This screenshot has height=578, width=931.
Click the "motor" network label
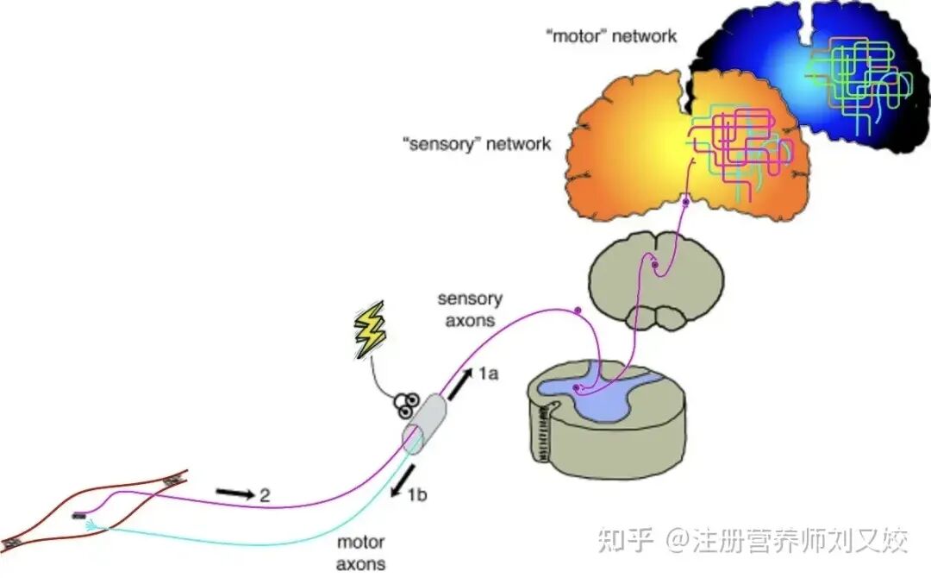(611, 36)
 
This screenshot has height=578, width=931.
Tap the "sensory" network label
(476, 144)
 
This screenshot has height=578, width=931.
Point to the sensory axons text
(470, 310)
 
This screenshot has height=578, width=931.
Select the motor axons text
(360, 552)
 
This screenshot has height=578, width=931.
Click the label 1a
(489, 374)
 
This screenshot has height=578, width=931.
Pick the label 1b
(417, 494)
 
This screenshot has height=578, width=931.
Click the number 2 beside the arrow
(265, 495)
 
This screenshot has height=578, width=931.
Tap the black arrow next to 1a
(459, 384)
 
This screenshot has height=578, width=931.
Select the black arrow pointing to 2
(235, 493)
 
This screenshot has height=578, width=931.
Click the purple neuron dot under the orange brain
(686, 203)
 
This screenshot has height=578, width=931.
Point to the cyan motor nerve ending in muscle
(91, 525)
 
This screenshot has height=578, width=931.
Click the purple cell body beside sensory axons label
(577, 310)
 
